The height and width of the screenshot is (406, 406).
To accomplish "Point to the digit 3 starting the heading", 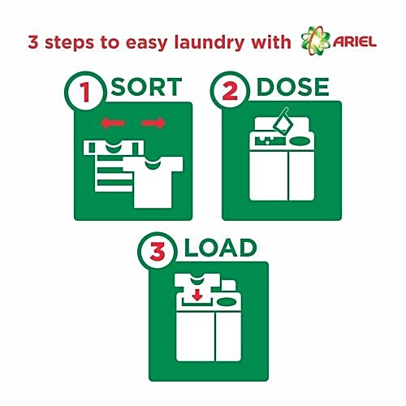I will coord(32,41).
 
